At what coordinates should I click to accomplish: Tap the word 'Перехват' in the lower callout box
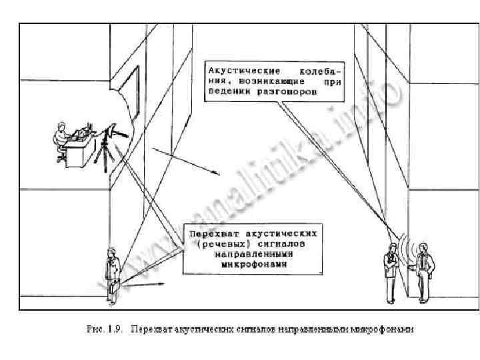(212, 233)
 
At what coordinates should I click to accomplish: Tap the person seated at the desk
(62, 139)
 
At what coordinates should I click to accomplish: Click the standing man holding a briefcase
(112, 269)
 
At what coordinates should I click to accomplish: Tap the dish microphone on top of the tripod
(117, 134)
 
